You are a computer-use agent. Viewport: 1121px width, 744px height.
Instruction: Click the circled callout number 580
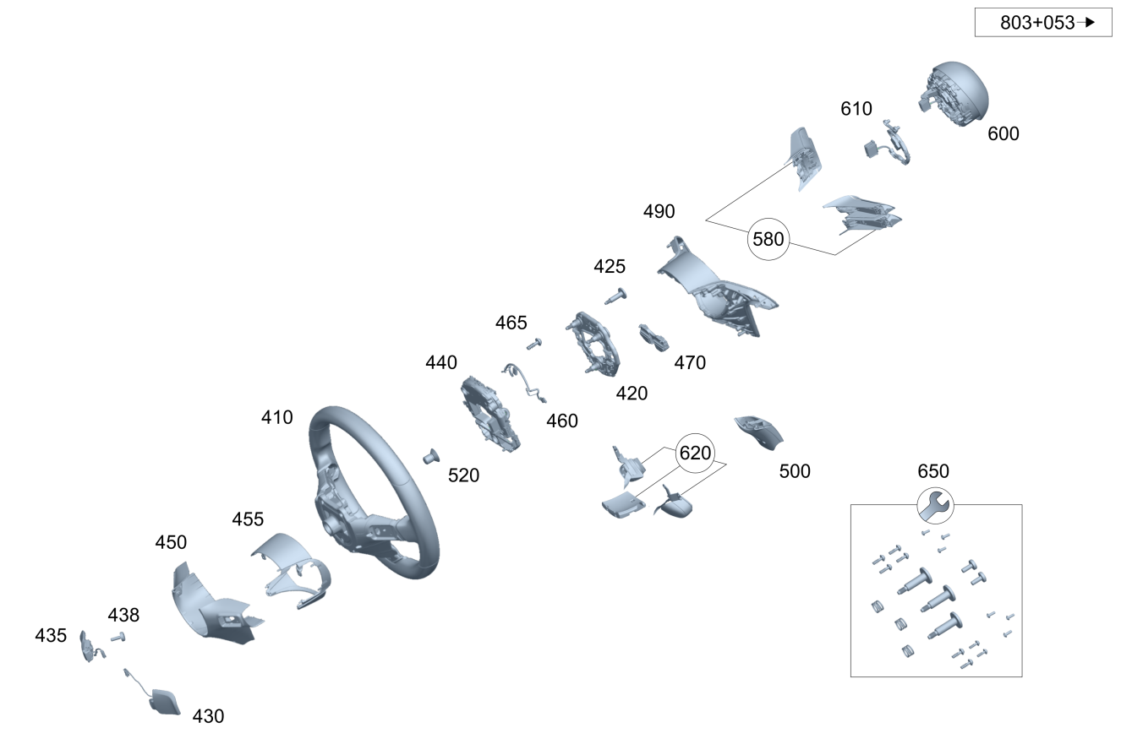coord(768,239)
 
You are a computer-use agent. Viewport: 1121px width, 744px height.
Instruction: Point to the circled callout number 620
coord(695,453)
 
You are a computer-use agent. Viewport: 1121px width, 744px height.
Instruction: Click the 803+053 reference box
coord(1043,23)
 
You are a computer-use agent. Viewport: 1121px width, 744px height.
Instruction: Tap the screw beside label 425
coord(616,296)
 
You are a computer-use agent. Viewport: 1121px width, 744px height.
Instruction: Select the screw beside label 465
coord(533,343)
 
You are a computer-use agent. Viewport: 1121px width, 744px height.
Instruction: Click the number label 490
coord(659,211)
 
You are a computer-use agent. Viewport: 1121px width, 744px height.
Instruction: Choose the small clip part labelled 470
coord(653,337)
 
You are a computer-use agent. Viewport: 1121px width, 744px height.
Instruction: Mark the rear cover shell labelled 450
coord(208,604)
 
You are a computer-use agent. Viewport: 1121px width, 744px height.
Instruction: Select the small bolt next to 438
coord(118,637)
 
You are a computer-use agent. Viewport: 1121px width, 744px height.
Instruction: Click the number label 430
coord(208,716)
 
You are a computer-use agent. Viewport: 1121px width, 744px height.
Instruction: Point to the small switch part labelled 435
coord(88,646)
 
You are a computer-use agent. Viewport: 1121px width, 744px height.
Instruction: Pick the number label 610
coord(856,109)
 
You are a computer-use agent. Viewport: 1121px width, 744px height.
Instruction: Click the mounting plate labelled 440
coord(489,413)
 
